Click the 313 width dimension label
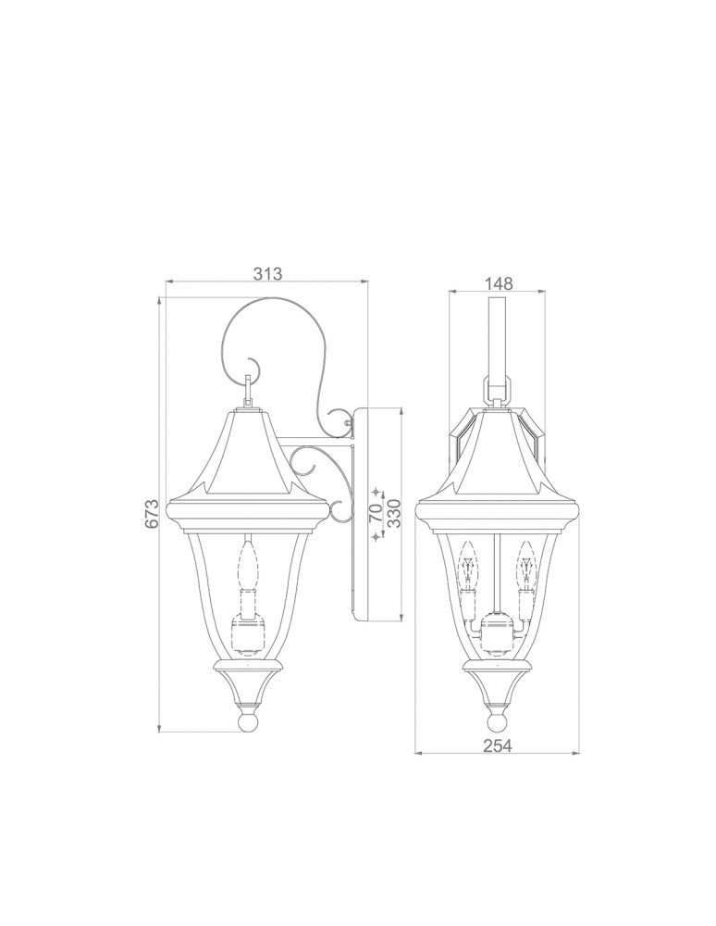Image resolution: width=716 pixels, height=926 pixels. pos(266,274)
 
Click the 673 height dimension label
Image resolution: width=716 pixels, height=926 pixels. pos(153,515)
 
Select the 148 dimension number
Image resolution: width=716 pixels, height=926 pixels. pos(498,284)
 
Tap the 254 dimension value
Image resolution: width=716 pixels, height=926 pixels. pos(498,745)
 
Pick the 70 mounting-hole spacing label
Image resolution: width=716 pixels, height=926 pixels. pos(376,515)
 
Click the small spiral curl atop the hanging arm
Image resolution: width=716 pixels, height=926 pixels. pos(253,362)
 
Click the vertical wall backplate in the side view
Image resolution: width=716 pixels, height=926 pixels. pos(361,514)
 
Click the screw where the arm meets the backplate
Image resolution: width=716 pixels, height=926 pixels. pos(349,424)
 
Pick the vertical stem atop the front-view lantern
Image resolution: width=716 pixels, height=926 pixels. pos(498,333)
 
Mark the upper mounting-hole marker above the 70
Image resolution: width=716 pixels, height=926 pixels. pos(376,488)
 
